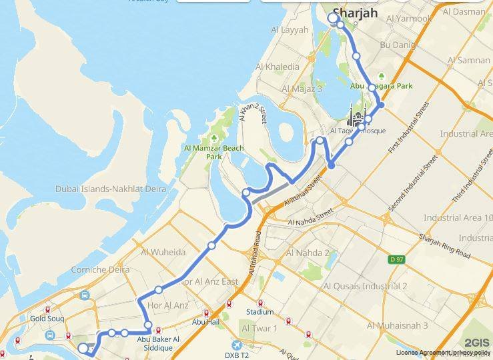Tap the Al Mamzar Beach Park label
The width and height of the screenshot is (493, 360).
[214, 152]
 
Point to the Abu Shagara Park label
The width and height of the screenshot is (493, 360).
[382, 86]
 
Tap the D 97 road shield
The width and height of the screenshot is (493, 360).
[397, 259]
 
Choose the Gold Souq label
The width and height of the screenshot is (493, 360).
[46, 319]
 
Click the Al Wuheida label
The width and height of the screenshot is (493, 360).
[163, 252]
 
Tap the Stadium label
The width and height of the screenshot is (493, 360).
[260, 311]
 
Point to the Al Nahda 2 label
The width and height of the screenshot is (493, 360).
[308, 253]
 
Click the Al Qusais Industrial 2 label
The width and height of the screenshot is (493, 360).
[365, 286]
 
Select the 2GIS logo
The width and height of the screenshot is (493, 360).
[476, 343]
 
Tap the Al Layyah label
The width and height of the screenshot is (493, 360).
[290, 30]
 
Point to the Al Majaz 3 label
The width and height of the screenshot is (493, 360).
[302, 89]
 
